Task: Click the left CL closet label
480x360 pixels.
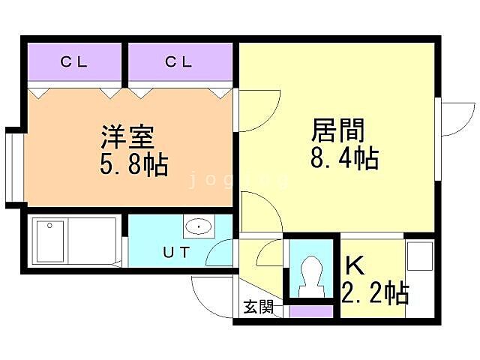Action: (x=74, y=62)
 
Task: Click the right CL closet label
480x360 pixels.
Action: (x=179, y=62)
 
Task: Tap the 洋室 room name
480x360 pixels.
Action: (x=128, y=138)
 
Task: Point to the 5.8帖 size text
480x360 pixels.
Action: (x=134, y=163)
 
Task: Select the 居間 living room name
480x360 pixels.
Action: (x=338, y=131)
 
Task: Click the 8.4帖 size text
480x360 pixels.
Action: (x=344, y=158)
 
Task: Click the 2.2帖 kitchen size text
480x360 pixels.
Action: (x=375, y=291)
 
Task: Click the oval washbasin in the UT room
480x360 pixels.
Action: (x=198, y=226)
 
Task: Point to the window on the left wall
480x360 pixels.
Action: (x=13, y=166)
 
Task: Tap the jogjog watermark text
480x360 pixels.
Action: (x=238, y=181)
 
